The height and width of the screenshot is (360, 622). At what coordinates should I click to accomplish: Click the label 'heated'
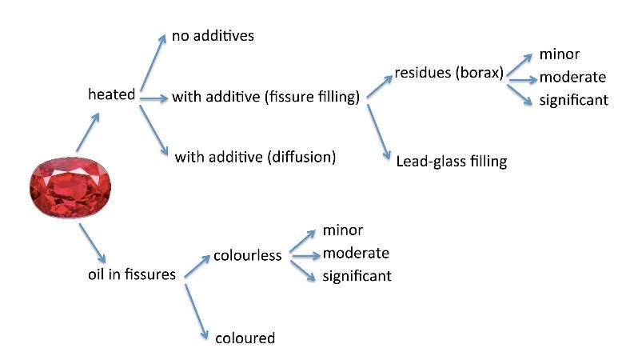coord(111,94)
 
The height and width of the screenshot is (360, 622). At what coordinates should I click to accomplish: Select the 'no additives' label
coord(213,37)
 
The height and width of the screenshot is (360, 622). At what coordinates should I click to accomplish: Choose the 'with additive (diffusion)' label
coord(255,156)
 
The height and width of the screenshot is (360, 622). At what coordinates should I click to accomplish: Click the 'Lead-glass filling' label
coord(451,161)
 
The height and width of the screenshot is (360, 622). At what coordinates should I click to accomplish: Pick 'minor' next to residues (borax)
coord(559,55)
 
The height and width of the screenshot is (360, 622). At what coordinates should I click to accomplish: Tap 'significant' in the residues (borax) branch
coord(574,100)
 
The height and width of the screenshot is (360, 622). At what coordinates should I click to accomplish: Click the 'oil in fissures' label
coord(131,274)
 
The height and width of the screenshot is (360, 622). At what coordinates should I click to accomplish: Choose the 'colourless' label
coord(247,256)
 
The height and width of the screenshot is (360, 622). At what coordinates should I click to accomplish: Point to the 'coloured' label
coord(245,338)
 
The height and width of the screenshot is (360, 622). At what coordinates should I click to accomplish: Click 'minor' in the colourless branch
coord(343,230)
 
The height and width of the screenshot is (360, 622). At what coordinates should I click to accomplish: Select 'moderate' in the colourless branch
coord(356,254)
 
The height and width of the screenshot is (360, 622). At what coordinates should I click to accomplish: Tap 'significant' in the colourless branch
coord(357,276)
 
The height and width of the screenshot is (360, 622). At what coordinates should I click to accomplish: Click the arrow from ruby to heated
coord(88,132)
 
